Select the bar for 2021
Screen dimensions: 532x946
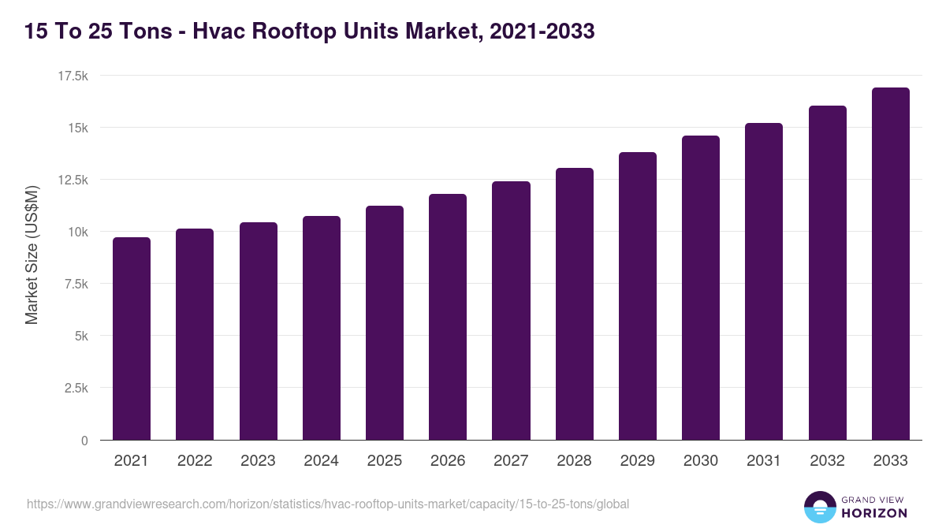(x=132, y=339)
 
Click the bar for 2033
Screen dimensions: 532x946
(x=890, y=264)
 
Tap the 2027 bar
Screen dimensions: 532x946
(x=511, y=311)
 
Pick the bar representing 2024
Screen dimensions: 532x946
(x=322, y=328)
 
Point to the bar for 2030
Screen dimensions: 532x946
(x=701, y=288)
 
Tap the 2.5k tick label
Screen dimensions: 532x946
(x=76, y=388)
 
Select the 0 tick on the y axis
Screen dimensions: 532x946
(x=84, y=441)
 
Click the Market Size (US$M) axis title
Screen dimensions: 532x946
(x=32, y=255)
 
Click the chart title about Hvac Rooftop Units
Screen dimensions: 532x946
(x=309, y=32)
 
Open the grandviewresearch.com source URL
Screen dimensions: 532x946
(x=328, y=504)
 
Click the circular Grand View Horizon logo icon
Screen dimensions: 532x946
(x=819, y=507)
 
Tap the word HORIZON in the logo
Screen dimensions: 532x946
(x=873, y=513)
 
